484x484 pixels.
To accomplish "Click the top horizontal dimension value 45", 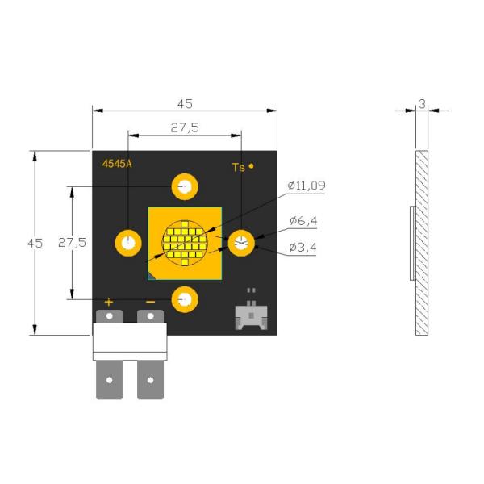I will pyautogui.click(x=185, y=103).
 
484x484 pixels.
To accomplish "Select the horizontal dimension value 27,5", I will pyautogui.click(x=185, y=127).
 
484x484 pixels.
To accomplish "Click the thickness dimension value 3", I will pyautogui.click(x=421, y=103).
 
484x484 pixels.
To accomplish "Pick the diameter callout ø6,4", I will pyautogui.click(x=303, y=221).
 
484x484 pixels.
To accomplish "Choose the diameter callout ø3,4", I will pyautogui.click(x=303, y=248).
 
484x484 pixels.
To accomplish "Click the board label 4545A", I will pyautogui.click(x=117, y=164).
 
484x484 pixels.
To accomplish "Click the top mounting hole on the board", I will pyautogui.click(x=185, y=187).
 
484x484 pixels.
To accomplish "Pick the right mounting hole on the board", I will pyautogui.click(x=240, y=243).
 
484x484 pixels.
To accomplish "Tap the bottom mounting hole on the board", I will pyautogui.click(x=185, y=299).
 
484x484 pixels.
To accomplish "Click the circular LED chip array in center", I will pyautogui.click(x=185, y=243).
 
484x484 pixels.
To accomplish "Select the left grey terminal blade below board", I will pyautogui.click(x=109, y=379).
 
